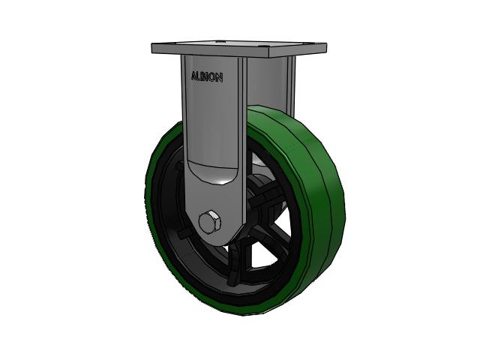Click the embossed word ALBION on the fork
207,77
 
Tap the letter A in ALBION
194,76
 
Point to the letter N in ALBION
219,78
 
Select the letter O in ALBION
212,78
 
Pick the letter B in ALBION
203,76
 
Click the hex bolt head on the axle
210,221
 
